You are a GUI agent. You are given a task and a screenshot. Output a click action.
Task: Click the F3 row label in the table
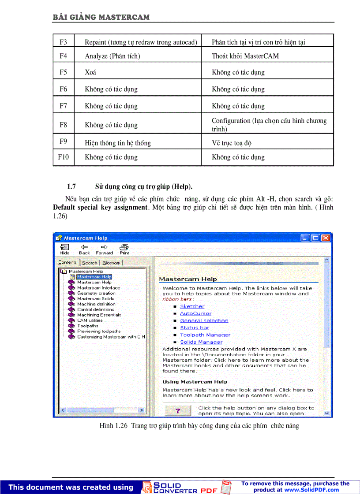63,42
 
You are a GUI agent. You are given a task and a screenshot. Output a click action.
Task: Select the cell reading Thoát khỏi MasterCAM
245,56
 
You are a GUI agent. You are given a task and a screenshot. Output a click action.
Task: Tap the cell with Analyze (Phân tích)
112,56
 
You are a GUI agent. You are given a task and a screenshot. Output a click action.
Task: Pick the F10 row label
63,157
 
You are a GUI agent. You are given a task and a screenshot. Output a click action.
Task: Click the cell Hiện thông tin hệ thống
118,143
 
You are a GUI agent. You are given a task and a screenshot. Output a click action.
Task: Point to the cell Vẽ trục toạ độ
232,143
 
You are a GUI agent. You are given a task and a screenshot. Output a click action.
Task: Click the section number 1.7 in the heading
71,186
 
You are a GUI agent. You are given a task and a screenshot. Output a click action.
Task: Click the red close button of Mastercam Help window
326,238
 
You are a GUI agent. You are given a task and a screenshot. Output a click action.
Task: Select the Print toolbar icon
124,249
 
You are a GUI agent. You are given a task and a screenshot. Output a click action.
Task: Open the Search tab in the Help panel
90,263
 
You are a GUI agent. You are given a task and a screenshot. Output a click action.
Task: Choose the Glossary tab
111,263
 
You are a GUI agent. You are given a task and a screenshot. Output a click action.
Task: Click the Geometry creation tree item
96,293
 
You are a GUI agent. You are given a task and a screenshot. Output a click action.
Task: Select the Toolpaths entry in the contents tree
87,326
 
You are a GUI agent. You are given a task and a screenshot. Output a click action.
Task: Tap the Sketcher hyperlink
192,306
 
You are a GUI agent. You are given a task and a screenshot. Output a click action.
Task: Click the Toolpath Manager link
205,335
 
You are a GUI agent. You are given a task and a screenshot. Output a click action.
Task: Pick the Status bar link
195,328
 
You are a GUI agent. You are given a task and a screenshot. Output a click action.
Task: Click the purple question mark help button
177,410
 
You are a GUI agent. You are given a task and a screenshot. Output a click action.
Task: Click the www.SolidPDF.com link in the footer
311,490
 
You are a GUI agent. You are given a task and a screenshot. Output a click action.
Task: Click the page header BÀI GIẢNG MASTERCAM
101,18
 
